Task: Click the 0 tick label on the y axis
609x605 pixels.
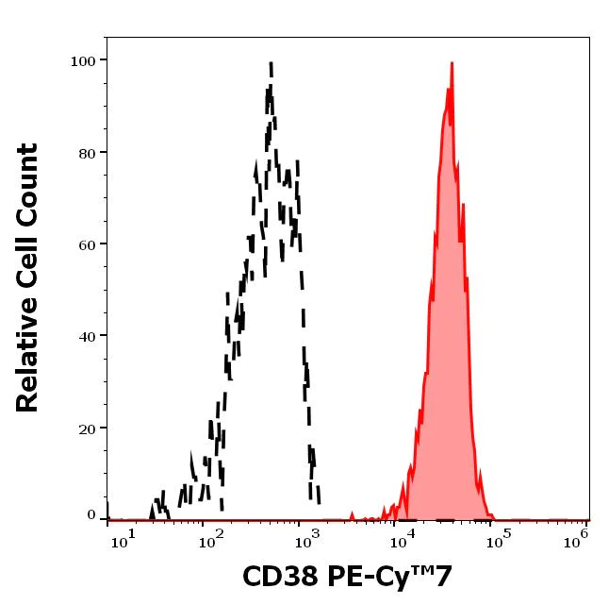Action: pos(92,516)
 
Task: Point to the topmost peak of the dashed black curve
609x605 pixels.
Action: pos(272,64)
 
